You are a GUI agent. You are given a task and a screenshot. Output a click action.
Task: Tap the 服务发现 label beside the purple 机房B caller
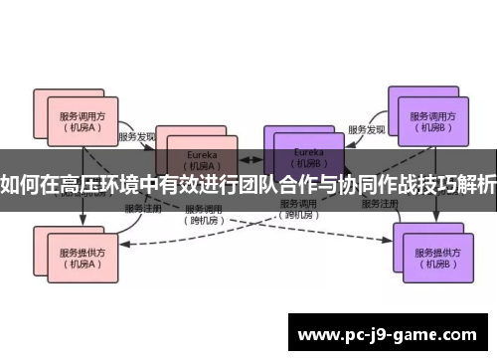(x=367, y=129)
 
